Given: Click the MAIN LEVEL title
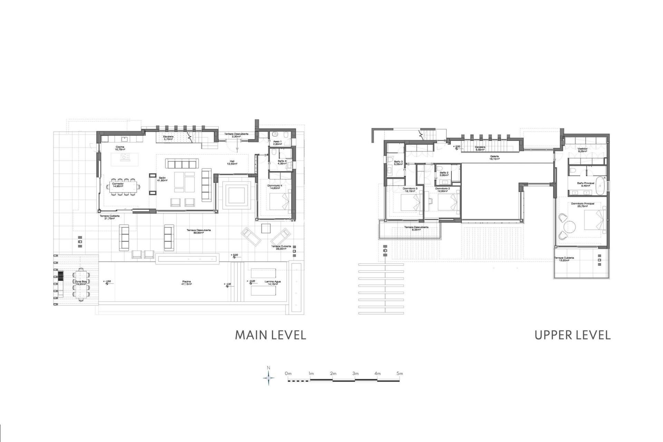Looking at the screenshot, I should [x=270, y=335].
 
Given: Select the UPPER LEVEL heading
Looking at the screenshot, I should [x=573, y=335].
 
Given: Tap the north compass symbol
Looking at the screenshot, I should [x=269, y=378].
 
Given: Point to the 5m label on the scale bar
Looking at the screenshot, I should [x=400, y=373].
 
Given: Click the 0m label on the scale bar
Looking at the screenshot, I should [x=288, y=373].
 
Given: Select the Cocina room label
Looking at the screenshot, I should [x=120, y=148].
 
